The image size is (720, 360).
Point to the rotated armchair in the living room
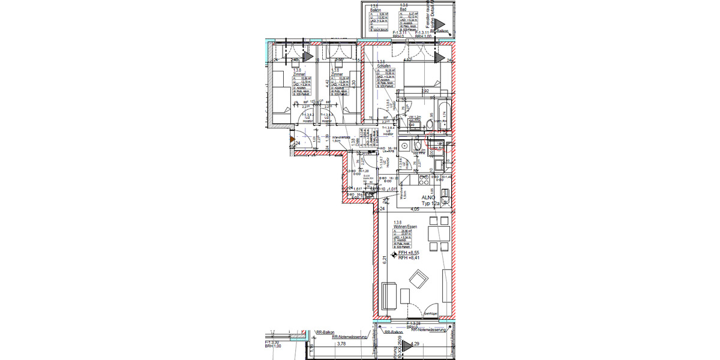click(x=418, y=280)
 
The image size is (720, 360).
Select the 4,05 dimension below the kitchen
click(x=414, y=210)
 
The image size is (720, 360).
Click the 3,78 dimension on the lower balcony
click(x=341, y=344)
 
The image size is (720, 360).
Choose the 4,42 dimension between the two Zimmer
click(x=327, y=84)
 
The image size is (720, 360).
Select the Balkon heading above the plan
click(x=376, y=9)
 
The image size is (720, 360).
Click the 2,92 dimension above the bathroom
click(x=425, y=91)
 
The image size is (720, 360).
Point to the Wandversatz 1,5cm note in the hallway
click(x=334, y=139)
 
